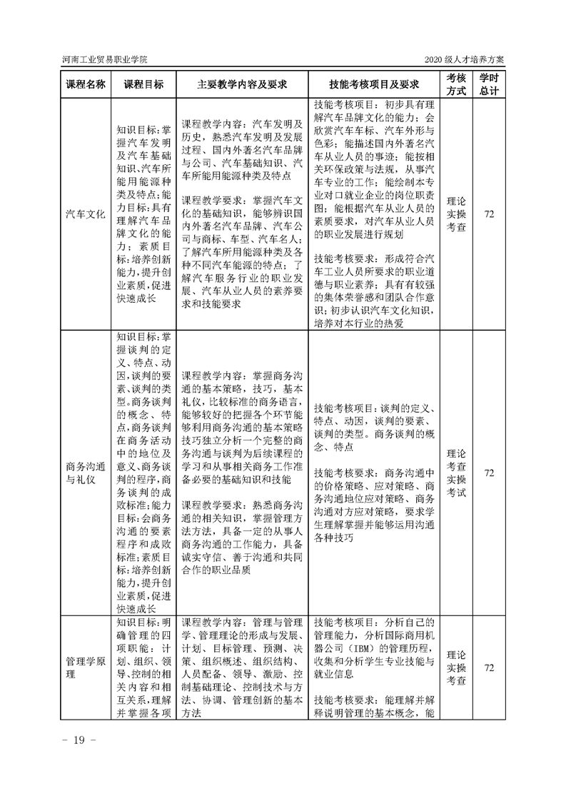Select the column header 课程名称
tap(86, 84)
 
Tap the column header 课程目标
tap(143, 84)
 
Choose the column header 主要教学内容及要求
tap(242, 84)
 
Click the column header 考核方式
tap(456, 84)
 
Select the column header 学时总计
tap(489, 84)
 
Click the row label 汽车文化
tap(86, 213)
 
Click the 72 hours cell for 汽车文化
tap(489, 213)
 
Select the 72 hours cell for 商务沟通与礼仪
tap(489, 473)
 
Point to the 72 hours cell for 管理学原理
tap(489, 667)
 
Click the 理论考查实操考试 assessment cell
tap(456, 473)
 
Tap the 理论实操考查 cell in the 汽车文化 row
tap(456, 213)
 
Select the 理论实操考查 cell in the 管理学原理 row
tap(456, 667)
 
